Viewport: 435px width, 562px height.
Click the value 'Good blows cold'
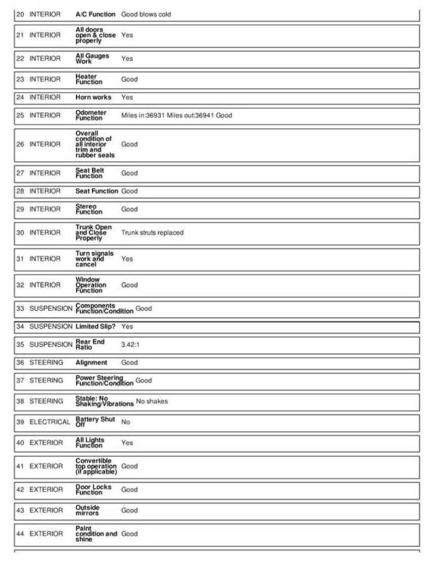tap(146, 14)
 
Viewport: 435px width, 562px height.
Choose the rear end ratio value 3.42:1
tap(130, 345)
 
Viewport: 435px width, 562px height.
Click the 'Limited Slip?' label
tap(96, 327)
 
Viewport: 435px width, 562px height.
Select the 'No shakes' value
tap(152, 401)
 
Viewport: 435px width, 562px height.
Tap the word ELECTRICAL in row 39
tap(50, 421)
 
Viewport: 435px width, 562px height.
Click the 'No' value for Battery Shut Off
tap(125, 421)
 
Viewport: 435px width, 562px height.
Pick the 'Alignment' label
tap(91, 363)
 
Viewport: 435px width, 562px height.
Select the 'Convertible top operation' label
tap(96, 466)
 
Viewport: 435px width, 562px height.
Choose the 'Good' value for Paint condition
tap(129, 534)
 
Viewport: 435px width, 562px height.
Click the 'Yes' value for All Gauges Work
tap(127, 58)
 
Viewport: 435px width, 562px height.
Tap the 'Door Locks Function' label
tap(94, 490)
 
